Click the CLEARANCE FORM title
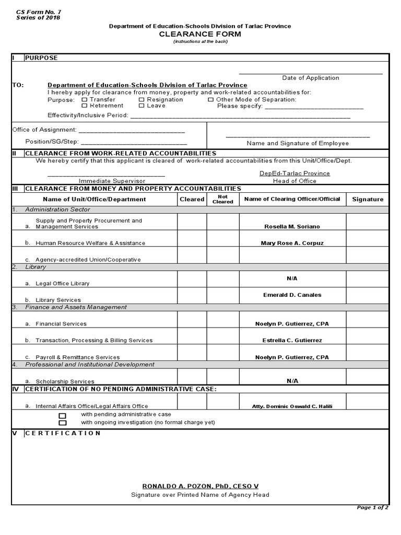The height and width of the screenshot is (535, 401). coord(200,34)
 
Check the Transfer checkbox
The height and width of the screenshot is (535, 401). coord(85,99)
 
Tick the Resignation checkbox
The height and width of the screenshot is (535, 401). coord(141,99)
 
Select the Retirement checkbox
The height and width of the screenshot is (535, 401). coord(85,106)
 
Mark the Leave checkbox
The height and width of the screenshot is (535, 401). coord(141,106)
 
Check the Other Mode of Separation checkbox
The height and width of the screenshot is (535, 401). coord(211,99)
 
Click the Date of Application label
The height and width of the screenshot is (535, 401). coord(311,78)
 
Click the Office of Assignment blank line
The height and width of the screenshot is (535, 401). coord(131,131)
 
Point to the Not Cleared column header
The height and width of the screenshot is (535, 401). coord(223,199)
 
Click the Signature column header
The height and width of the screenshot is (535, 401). coord(368,199)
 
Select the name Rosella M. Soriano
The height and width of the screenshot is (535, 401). coord(292,227)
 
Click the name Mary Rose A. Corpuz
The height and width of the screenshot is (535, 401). coord(292,243)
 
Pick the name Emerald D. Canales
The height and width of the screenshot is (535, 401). coord(292,295)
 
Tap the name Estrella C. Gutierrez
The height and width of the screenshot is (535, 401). coord(292,340)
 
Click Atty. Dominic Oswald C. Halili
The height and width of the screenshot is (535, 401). coord(292,406)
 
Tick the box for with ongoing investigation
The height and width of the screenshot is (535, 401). coord(63,423)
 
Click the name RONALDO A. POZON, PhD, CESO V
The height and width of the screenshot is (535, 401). coord(200,486)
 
